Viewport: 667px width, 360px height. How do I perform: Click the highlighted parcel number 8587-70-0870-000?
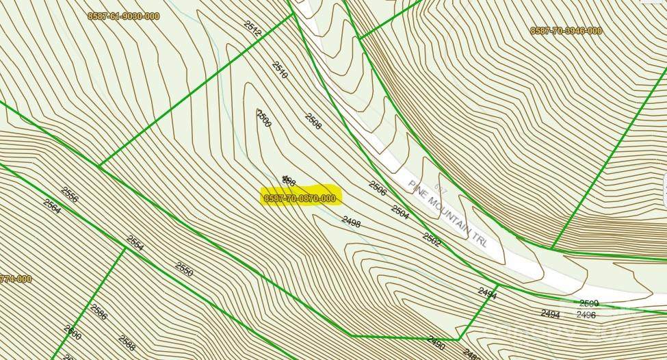[x=300, y=198]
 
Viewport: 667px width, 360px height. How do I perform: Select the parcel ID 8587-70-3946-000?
[x=566, y=31]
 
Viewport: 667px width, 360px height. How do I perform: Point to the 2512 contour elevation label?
[x=252, y=27]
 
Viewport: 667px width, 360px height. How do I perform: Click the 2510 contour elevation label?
[x=279, y=70]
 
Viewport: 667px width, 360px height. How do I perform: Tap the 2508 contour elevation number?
[x=313, y=121]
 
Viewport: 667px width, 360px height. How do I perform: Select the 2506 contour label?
[x=378, y=187]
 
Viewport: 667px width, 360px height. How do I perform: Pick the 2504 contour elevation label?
[x=400, y=212]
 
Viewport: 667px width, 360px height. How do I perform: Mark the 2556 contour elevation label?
[x=70, y=195]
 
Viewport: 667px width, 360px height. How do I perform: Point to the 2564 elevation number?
[x=52, y=206]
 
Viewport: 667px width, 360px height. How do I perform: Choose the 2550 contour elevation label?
[x=184, y=269]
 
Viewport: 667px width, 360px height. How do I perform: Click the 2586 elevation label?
[x=99, y=313]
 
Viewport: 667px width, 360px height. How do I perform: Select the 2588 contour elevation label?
[x=126, y=341]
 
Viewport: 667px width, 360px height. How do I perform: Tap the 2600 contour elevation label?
[x=73, y=333]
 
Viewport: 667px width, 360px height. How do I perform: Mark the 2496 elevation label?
[x=586, y=315]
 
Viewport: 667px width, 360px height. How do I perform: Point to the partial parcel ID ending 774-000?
[x=16, y=279]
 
